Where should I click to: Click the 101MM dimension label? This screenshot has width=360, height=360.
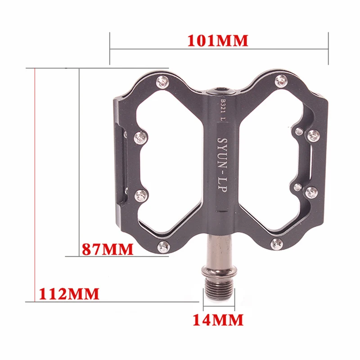218,40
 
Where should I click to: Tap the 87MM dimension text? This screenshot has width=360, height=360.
108,249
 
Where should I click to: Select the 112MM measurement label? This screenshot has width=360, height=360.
69,294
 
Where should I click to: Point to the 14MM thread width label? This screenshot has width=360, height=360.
218,320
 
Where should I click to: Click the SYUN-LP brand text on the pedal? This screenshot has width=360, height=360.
222,165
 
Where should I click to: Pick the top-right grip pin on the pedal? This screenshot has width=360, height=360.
281,81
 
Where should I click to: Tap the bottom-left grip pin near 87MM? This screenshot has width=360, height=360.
163,247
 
